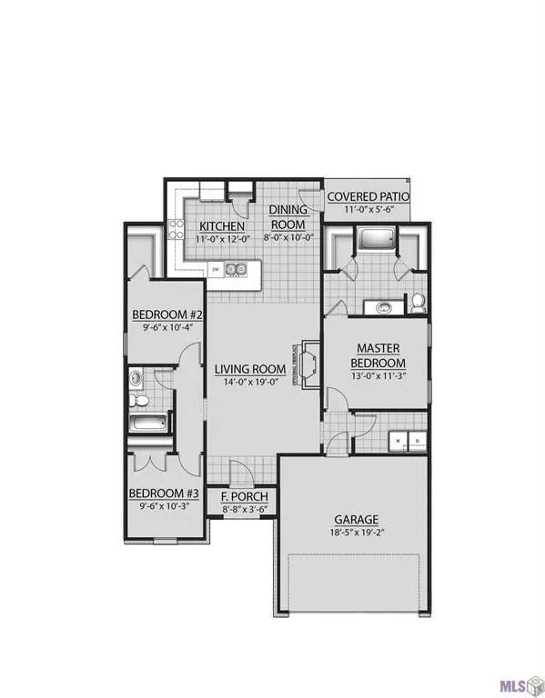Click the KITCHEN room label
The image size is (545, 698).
pos(219,225)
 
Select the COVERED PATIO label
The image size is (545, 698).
pos(368,197)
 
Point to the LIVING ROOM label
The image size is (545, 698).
pos(250,369)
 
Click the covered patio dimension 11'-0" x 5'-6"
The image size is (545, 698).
pos(368,211)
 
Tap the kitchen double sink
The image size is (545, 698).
pos(237,269)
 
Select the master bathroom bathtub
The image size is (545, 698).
pos(373,241)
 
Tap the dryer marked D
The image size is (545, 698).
pos(417,438)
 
